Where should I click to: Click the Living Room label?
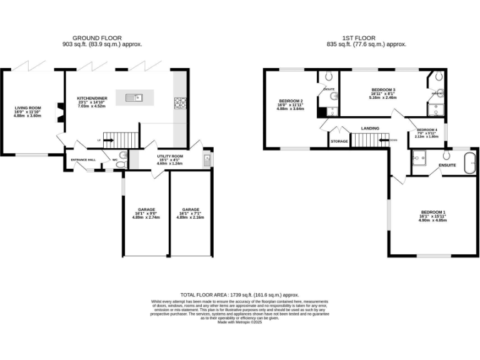pyautogui.click(x=27, y=108)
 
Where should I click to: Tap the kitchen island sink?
pyautogui.click(x=134, y=97)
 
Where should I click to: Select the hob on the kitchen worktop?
pyautogui.click(x=180, y=102)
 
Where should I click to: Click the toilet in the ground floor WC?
pyautogui.click(x=122, y=156)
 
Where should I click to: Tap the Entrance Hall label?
pyautogui.click(x=83, y=160)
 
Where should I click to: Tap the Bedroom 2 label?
pyautogui.click(x=291, y=101)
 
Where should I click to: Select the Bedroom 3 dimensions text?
pyautogui.click(x=383, y=97)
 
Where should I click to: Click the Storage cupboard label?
pyautogui.click(x=339, y=142)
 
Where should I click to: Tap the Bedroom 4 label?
pyautogui.click(x=427, y=129)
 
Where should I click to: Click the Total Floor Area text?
pyautogui.click(x=239, y=294)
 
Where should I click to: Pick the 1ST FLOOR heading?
pyautogui.click(x=366, y=37)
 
